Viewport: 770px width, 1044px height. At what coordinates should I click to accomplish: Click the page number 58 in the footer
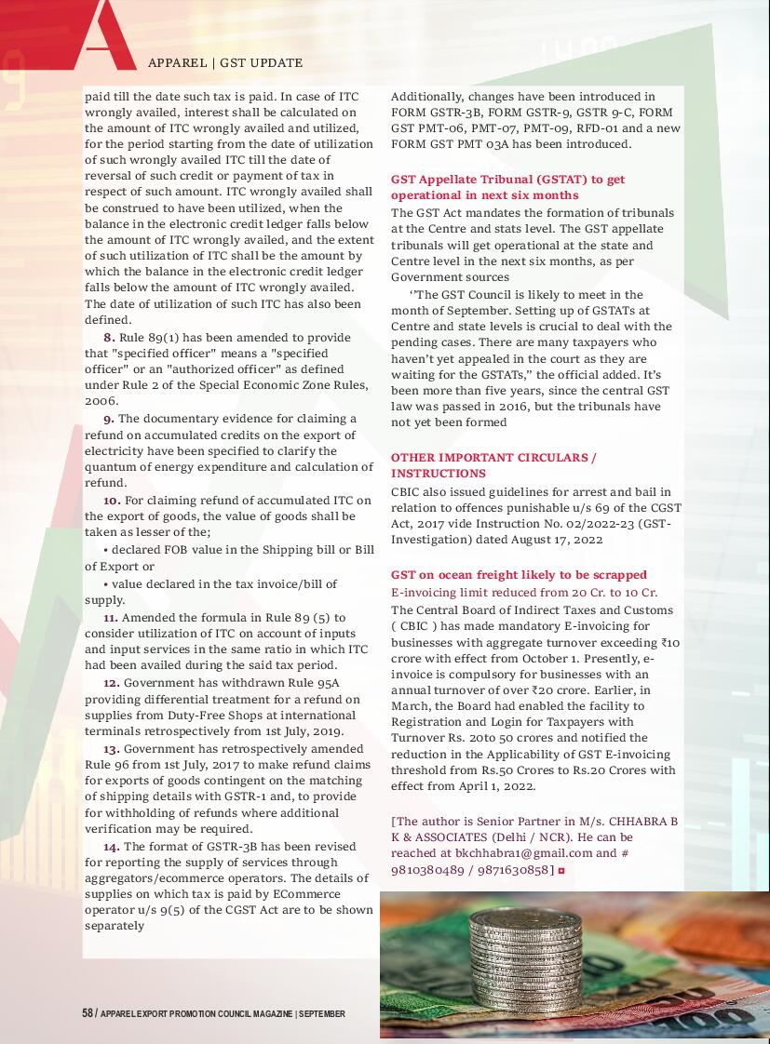tap(87, 1013)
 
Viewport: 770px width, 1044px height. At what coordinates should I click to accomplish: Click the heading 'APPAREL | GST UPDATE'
tap(225, 63)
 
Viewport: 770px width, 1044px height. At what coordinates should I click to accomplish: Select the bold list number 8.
tap(109, 337)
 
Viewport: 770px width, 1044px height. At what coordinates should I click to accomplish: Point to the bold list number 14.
tap(111, 846)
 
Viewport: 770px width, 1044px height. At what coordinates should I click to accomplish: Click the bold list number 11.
tap(110, 617)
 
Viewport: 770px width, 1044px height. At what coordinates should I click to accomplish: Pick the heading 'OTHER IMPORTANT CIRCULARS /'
tap(493, 458)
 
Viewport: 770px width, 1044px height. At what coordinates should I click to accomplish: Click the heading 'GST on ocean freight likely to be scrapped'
tap(519, 575)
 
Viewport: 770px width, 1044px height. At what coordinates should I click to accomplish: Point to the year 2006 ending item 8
tap(101, 401)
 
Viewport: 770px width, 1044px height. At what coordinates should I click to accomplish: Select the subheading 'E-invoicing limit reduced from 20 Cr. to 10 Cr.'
tap(524, 592)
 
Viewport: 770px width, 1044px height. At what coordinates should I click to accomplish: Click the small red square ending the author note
tap(562, 870)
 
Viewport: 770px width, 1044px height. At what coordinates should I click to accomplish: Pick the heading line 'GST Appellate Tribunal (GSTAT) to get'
tap(507, 180)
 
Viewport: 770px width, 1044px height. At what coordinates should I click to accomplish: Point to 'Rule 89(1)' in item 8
tap(150, 337)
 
